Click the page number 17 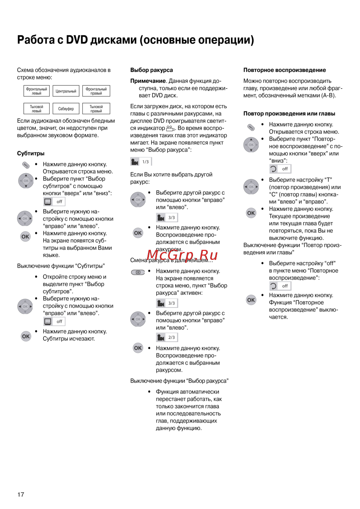pyautogui.click(x=21, y=495)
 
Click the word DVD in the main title pyautogui.click(x=77, y=40)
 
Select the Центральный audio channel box pyautogui.click(x=66, y=91)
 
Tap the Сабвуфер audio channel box pyautogui.click(x=66, y=109)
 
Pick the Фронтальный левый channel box pyautogui.click(x=36, y=91)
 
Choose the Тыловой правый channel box pyautogui.click(x=96, y=109)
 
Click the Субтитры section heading pyautogui.click(x=31, y=153)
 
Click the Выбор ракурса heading pyautogui.click(x=152, y=70)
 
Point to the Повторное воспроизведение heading pyautogui.click(x=284, y=70)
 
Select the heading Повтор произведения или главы pyautogui.click(x=289, y=114)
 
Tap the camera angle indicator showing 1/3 pyautogui.click(x=141, y=162)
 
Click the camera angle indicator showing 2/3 pyautogui.click(x=167, y=337)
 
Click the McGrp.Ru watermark pyautogui.click(x=182, y=255)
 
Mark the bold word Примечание pyautogui.click(x=148, y=81)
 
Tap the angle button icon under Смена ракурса pyautogui.click(x=138, y=272)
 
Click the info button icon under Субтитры pyautogui.click(x=26, y=165)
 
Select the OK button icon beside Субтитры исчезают pyautogui.click(x=26, y=337)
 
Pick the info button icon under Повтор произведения pyautogui.click(x=251, y=127)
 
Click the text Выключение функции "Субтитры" pyautogui.click(x=61, y=266)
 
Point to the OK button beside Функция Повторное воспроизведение pyautogui.click(x=251, y=300)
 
